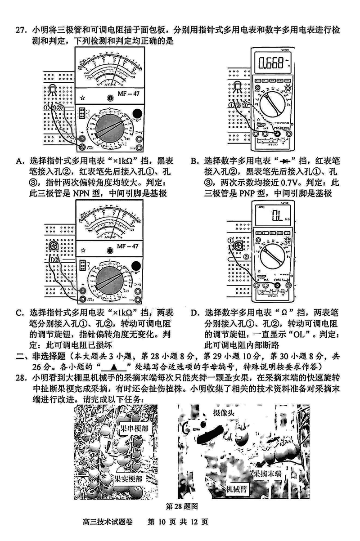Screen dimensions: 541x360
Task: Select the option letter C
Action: (19, 313)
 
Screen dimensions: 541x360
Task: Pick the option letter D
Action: (194, 313)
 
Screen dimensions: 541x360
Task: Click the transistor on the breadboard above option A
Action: (53, 90)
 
